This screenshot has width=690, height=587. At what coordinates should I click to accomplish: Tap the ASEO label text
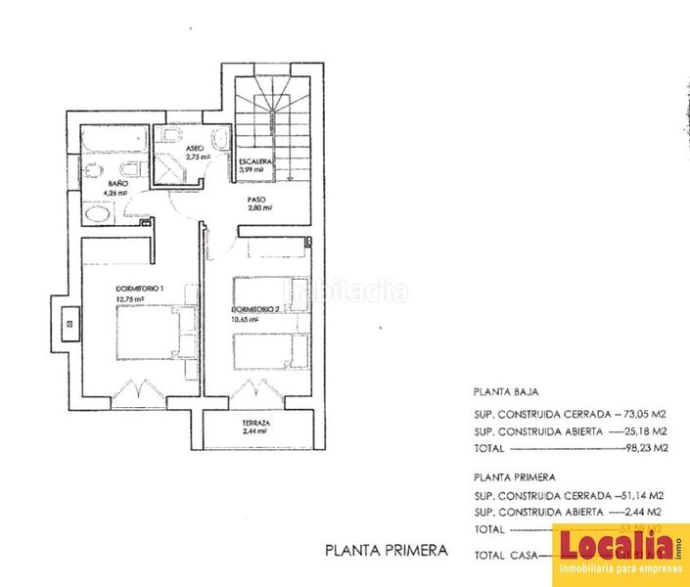(195, 148)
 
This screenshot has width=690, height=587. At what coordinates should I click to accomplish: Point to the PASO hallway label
(256, 198)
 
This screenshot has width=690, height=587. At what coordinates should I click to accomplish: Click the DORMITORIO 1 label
(139, 288)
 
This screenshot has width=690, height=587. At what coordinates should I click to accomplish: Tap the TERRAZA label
(256, 424)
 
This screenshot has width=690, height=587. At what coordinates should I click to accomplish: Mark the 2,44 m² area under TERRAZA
(256, 432)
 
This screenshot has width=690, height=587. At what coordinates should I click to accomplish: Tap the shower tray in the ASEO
(177, 168)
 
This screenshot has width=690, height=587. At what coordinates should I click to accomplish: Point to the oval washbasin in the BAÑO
(98, 214)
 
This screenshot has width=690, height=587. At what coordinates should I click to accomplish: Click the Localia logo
(621, 554)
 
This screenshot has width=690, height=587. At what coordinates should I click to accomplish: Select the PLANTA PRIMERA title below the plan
(386, 551)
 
